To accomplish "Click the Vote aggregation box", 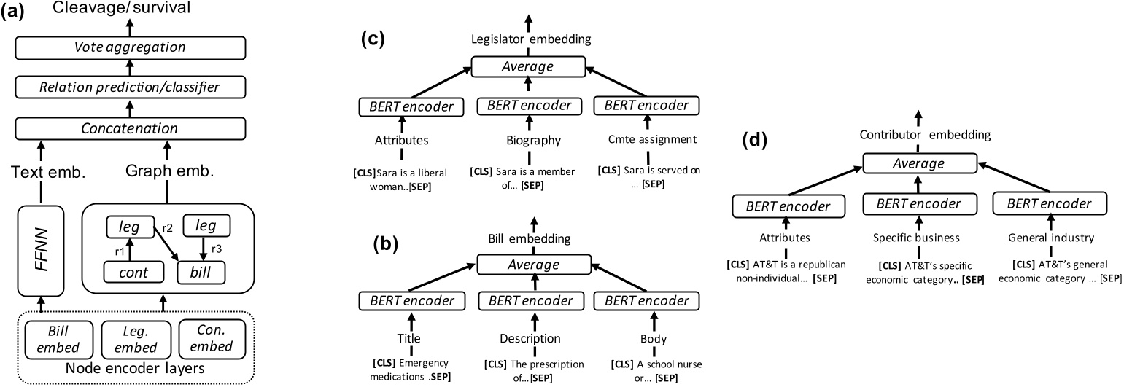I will (x=130, y=47).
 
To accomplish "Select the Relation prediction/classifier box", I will (x=130, y=87).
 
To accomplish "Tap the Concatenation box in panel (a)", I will (x=130, y=128).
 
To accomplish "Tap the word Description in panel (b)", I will (x=530, y=338).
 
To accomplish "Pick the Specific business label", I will (x=918, y=237).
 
